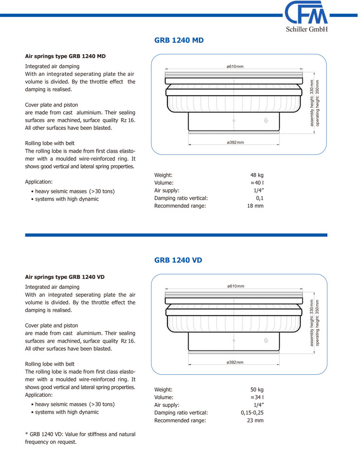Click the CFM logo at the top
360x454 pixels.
pos(305,13)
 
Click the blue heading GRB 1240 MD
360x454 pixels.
pos(179,40)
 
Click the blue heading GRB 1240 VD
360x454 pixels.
pos(178,260)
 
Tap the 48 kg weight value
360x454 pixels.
pos(257,175)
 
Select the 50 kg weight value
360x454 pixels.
pos(257,390)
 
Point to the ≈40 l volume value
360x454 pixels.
pos(257,183)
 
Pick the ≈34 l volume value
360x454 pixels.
pos(257,397)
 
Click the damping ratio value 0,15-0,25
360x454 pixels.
pos(252,413)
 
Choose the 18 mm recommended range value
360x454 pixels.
pos(255,206)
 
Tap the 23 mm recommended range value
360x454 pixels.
pos(255,420)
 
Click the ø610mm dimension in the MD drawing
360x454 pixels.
pos(235,66)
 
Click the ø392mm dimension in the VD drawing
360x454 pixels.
pos(235,362)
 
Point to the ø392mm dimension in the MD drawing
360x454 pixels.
pos(235,142)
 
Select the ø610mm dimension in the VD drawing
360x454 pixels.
pos(235,286)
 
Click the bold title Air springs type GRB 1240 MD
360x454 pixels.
pos(65,56)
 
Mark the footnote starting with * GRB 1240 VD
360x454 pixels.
pos(80,438)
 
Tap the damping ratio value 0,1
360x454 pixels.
pos(260,198)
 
